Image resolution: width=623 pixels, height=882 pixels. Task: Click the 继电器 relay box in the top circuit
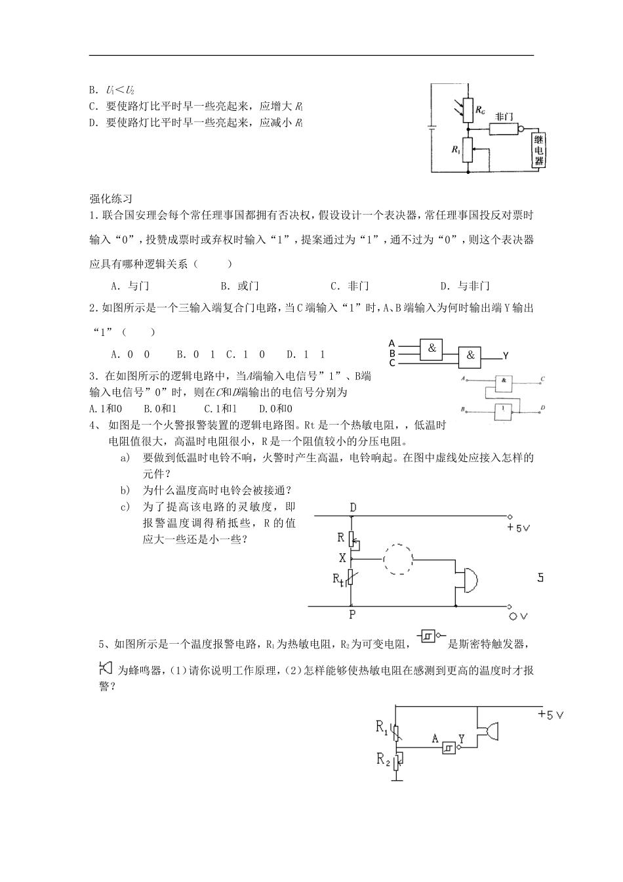click(x=539, y=150)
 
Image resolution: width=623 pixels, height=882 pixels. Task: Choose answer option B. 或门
click(x=240, y=285)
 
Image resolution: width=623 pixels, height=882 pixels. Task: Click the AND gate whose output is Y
click(x=470, y=356)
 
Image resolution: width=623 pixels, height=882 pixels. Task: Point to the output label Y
click(x=506, y=356)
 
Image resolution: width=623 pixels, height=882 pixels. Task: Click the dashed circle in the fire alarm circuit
click(x=397, y=560)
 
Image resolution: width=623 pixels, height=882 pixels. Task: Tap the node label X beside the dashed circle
click(x=342, y=558)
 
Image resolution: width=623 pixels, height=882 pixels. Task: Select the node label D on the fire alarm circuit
click(x=353, y=507)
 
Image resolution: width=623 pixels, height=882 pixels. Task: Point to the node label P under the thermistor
click(x=352, y=615)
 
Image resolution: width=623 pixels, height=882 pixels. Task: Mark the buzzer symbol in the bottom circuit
click(x=489, y=732)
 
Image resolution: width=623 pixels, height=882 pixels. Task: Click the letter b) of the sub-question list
click(x=124, y=490)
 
